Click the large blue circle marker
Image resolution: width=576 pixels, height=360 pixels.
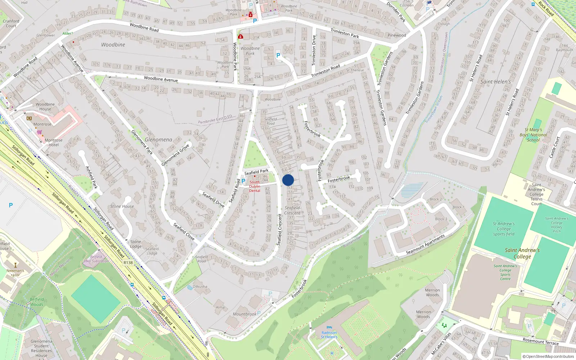[x=288, y=180]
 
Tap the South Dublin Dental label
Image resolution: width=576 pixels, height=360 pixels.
[x=255, y=186]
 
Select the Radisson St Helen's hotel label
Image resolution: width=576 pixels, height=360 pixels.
[x=329, y=335]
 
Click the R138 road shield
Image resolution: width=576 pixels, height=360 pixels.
[x=128, y=263]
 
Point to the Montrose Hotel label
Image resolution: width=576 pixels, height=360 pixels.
[x=53, y=143]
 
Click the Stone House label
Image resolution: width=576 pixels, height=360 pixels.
[x=122, y=206]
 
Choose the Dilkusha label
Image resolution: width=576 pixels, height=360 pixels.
[x=200, y=287]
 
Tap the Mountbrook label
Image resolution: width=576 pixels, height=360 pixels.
[x=244, y=314]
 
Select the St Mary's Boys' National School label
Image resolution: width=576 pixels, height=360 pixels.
[x=534, y=135]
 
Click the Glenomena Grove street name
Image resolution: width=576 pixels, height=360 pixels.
[x=175, y=155]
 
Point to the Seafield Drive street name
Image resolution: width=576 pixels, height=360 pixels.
[x=213, y=200]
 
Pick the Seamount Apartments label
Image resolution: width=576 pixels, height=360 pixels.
[x=425, y=244]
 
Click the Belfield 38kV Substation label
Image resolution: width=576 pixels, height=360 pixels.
[x=96, y=259]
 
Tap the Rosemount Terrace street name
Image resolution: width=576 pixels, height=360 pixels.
[x=540, y=341]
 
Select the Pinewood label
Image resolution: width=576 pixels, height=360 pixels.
[x=397, y=35]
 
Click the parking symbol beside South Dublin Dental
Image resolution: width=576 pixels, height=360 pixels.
[x=243, y=181]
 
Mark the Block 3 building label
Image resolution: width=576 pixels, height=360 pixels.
[x=441, y=219]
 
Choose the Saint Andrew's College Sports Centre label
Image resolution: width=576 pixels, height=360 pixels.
[x=505, y=273]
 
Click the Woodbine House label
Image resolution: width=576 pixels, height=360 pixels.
[x=45, y=107]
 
